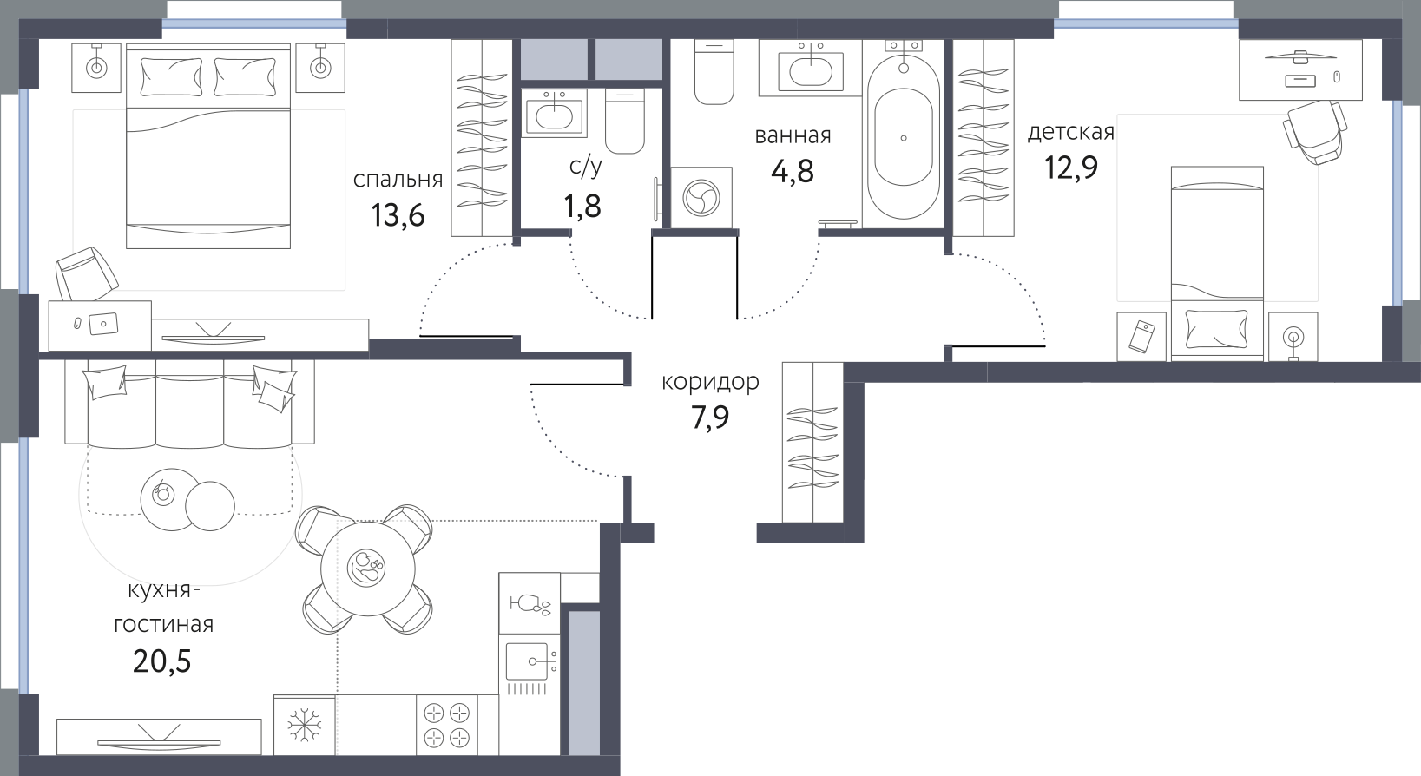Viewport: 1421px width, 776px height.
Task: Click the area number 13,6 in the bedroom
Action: click(398, 216)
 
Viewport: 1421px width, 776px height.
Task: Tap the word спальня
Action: click(398, 181)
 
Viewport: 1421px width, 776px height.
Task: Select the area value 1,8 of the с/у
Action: click(582, 207)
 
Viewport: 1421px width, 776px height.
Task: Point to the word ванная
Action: click(793, 135)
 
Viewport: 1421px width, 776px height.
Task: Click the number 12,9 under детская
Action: click(1071, 168)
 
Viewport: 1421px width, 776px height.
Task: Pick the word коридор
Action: click(710, 382)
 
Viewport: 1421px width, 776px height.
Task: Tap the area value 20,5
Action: click(161, 661)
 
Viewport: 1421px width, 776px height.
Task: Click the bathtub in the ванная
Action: click(904, 135)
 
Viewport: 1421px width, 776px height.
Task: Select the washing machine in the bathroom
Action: click(701, 197)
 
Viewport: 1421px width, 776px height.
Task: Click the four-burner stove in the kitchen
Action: click(446, 724)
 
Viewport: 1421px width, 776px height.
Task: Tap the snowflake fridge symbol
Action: click(305, 725)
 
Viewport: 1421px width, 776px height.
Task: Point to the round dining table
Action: click(367, 568)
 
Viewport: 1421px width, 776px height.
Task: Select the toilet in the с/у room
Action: click(625, 121)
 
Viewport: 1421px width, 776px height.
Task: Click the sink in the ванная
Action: click(811, 68)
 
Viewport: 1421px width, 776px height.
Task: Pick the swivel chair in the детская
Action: click(1314, 132)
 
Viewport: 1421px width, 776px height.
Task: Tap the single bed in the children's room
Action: click(1207, 264)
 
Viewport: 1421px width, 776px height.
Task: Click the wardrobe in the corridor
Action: click(812, 442)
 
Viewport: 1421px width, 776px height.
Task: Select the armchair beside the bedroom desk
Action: click(87, 273)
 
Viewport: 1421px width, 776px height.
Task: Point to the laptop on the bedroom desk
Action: click(103, 325)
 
